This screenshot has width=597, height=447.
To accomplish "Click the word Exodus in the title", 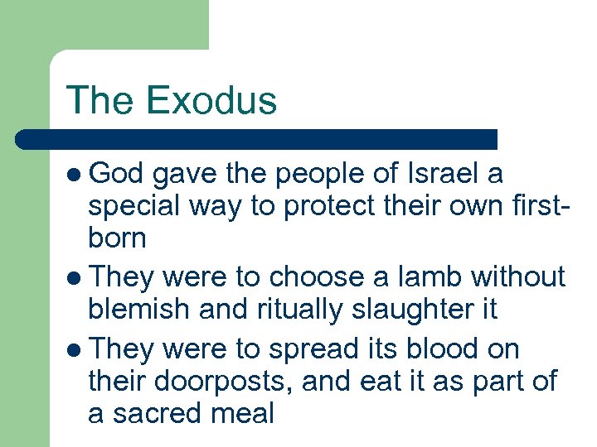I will pos(211,100).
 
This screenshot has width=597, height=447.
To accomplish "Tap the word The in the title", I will pos(101,100).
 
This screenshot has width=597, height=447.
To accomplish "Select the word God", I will pos(116,175).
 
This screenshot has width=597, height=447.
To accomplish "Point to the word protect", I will pos(332,207).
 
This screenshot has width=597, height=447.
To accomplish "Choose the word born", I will pos(117,238).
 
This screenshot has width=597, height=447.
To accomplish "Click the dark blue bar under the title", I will pos(257,139).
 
